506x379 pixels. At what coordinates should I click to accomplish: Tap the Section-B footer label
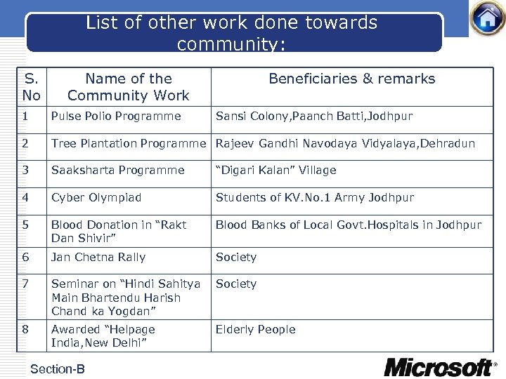pyautogui.click(x=58, y=369)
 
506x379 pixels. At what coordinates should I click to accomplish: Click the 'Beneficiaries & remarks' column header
pyautogui.click(x=352, y=79)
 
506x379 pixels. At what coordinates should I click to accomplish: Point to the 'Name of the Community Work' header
pyautogui.click(x=128, y=87)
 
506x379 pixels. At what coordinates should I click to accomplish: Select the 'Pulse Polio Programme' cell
pyautogui.click(x=116, y=117)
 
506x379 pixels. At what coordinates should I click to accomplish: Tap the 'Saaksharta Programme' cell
pyautogui.click(x=118, y=171)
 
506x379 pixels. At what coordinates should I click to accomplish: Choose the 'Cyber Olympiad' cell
pyautogui.click(x=96, y=198)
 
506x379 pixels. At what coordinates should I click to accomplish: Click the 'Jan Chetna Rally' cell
pyautogui.click(x=98, y=258)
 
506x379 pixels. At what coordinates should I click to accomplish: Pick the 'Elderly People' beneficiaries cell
pyautogui.click(x=255, y=330)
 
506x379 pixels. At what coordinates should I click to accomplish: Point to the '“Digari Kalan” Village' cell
pyautogui.click(x=275, y=171)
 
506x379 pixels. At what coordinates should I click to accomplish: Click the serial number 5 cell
pyautogui.click(x=25, y=225)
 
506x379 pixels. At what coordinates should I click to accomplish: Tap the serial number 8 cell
pyautogui.click(x=25, y=330)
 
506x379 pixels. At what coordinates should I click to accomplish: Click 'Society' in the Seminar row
pyautogui.click(x=236, y=284)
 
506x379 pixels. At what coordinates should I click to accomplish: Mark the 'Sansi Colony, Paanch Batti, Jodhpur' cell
pyautogui.click(x=314, y=117)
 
